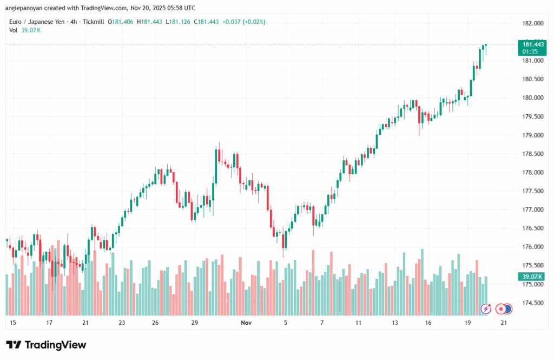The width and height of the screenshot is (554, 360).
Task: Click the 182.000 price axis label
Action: click(531, 24)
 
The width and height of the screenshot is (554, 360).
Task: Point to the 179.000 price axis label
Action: click(531, 135)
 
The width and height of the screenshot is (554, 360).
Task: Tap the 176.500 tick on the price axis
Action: click(531, 228)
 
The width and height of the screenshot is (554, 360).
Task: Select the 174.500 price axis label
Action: click(531, 303)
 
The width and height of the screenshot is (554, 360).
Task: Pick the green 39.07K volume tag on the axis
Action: click(531, 277)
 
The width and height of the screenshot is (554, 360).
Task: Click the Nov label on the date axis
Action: click(246, 323)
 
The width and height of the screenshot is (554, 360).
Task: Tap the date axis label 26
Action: click(155, 323)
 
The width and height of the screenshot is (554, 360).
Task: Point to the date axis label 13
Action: click(395, 323)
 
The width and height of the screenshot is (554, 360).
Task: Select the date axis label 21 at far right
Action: click(504, 323)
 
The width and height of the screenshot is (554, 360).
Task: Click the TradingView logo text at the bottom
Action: click(46, 345)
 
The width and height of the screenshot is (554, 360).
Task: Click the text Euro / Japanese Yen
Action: click(36, 22)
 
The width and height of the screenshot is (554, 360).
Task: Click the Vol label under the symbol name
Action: click(14, 30)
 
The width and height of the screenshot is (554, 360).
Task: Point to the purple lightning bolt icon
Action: click(486, 309)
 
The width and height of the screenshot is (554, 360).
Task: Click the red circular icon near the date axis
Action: click(501, 309)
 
